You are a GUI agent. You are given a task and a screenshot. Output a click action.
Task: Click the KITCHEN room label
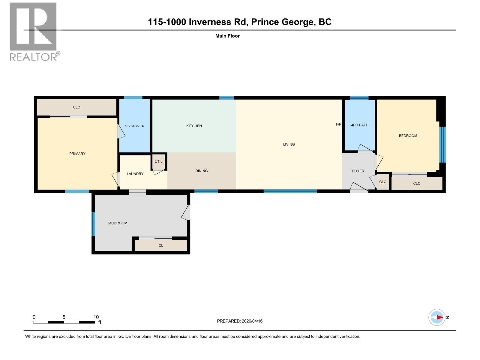tap(194, 126)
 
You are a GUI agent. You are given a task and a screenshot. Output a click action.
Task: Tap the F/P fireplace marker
tap(338, 124)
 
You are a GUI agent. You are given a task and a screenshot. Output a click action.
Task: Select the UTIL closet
tap(158, 161)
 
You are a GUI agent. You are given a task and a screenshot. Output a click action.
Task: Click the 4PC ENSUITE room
tap(134, 126)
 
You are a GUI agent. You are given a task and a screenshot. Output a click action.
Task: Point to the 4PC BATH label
tap(359, 125)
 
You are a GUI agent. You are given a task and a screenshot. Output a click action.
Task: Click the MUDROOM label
tap(118, 223)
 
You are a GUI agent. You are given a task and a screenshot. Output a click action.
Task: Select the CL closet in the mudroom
tap(161, 245)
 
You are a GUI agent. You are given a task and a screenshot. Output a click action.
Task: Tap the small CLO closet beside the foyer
tap(382, 182)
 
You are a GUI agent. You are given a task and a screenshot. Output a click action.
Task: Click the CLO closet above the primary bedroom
tap(76, 107)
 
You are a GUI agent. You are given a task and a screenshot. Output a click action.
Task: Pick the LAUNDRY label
tap(135, 174)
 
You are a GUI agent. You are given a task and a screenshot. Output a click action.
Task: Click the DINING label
tap(201, 171)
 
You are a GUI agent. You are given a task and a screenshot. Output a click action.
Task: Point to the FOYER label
tap(358, 171)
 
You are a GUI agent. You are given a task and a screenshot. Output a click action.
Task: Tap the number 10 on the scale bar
tap(96, 317)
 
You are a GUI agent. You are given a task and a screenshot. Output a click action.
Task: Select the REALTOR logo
tap(34, 31)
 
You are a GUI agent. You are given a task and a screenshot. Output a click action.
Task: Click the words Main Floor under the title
tap(227, 36)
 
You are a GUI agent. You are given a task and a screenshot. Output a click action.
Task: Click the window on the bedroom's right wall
tap(442, 144)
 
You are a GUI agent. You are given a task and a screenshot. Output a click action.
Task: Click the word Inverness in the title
tap(210, 22)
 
